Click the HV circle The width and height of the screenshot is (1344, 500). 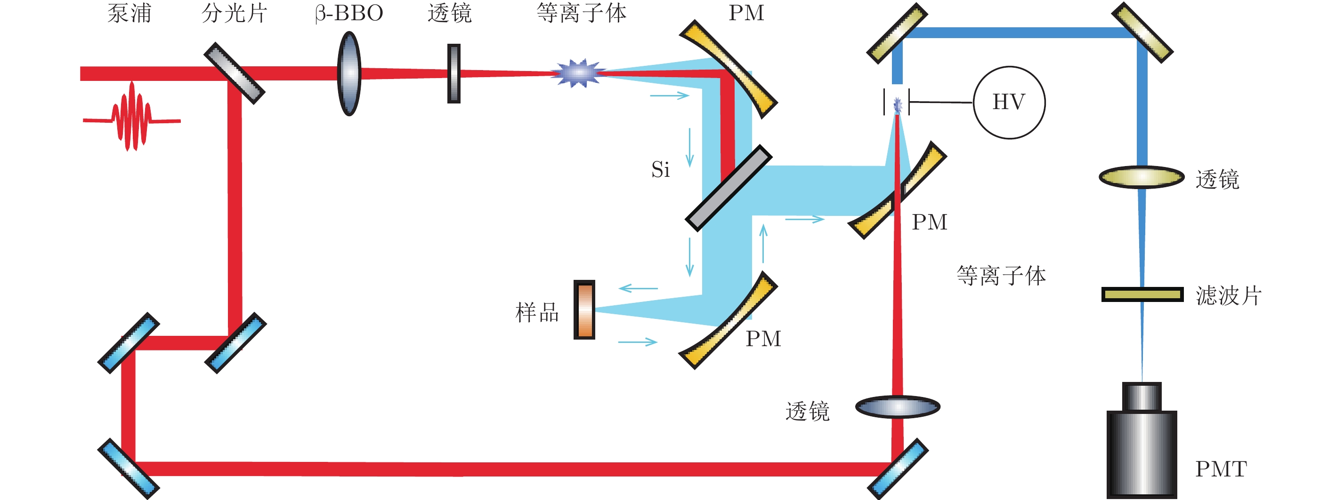pyautogui.click(x=1009, y=102)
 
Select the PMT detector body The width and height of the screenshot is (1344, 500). pyautogui.click(x=1142, y=451)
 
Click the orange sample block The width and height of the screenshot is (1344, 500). pyautogui.click(x=584, y=310)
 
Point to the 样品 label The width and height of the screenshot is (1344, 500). pyautogui.click(x=537, y=312)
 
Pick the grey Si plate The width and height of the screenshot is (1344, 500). pyautogui.click(x=729, y=188)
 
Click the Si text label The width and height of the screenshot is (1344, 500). pyautogui.click(x=660, y=169)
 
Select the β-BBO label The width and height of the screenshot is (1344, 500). pyautogui.click(x=349, y=13)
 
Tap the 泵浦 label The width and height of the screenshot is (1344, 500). pyautogui.click(x=129, y=13)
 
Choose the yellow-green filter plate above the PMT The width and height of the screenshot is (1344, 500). pyautogui.click(x=1142, y=294)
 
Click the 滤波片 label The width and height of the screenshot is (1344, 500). pyautogui.click(x=1228, y=295)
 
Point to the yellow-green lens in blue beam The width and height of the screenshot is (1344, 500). pyautogui.click(x=1142, y=177)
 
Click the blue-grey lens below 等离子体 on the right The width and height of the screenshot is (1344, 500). pyautogui.click(x=898, y=407)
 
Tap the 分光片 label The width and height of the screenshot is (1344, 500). pyautogui.click(x=234, y=13)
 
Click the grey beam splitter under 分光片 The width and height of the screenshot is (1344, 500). pyautogui.click(x=234, y=73)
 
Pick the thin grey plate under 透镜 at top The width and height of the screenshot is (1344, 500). pyautogui.click(x=454, y=73)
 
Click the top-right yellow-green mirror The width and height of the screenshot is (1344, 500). pyautogui.click(x=1142, y=32)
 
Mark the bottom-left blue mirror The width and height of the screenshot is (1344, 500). pyautogui.click(x=129, y=468)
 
